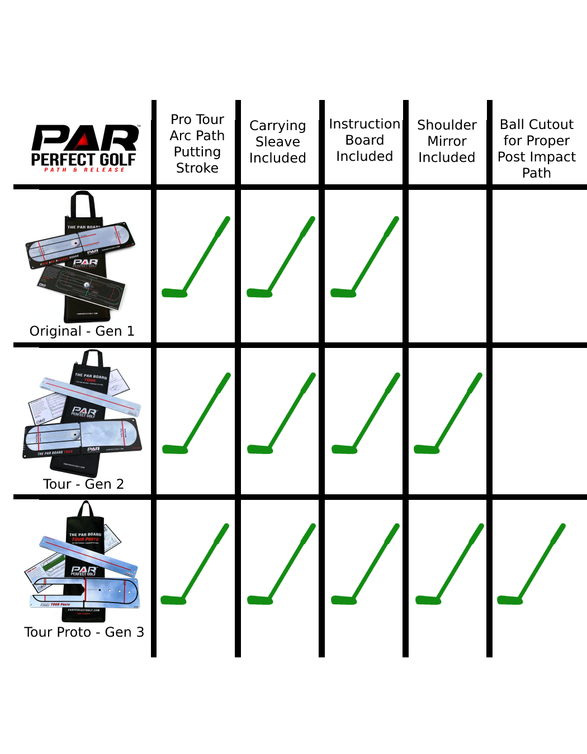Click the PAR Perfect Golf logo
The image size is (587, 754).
click(x=84, y=147)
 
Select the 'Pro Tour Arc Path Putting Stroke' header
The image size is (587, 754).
click(x=197, y=144)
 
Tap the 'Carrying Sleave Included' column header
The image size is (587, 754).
click(x=278, y=142)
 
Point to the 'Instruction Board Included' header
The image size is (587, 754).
click(x=364, y=140)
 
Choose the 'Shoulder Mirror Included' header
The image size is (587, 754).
click(x=447, y=141)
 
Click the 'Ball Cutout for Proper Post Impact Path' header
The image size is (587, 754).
click(x=537, y=149)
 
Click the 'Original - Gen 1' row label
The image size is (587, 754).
click(x=82, y=331)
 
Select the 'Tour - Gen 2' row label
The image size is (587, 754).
click(x=83, y=484)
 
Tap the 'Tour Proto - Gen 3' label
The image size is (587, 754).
click(x=84, y=632)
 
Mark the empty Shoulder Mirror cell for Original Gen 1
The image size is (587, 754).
click(x=447, y=265)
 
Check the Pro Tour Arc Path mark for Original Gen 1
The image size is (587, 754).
click(x=196, y=257)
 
